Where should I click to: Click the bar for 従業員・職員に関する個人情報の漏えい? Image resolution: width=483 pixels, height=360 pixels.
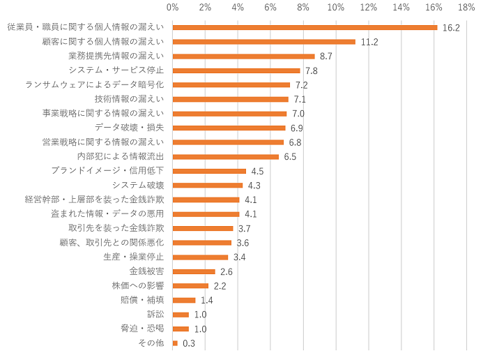tap(305, 27)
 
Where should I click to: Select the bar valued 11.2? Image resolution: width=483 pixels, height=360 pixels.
tap(263, 42)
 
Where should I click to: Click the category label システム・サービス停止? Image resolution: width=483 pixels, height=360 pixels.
tap(116, 70)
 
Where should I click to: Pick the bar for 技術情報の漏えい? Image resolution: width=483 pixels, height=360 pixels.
tap(230, 99)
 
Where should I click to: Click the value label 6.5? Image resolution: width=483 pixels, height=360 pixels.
tap(290, 156)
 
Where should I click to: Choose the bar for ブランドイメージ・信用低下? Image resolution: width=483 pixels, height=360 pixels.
tap(209, 171)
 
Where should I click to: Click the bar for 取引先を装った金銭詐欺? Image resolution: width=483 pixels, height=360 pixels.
tap(203, 228)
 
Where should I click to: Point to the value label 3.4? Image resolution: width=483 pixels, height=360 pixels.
tap(240, 257)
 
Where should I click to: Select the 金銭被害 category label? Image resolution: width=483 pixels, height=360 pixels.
tap(146, 271)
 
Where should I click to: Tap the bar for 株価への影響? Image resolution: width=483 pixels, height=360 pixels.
tap(190, 285)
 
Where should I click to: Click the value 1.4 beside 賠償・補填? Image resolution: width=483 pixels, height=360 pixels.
tap(207, 300)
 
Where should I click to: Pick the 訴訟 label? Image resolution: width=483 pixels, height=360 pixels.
tap(155, 314)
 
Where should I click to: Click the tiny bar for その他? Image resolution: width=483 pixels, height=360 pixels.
tap(175, 343)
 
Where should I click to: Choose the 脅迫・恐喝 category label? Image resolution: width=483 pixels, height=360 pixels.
tap(142, 329)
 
